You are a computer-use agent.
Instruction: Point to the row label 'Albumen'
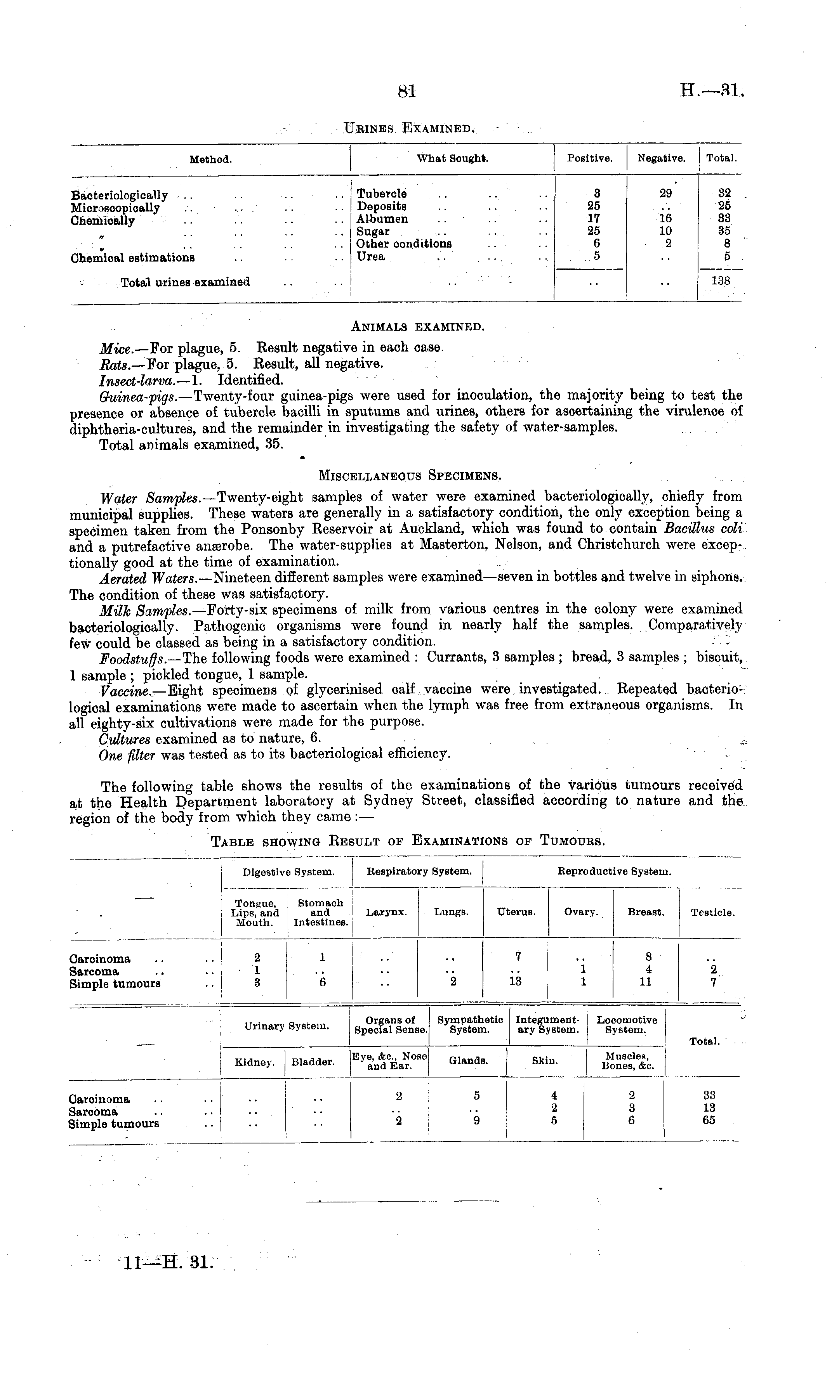383,219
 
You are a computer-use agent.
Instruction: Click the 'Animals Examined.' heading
417,326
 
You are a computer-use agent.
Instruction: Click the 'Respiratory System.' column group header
419,872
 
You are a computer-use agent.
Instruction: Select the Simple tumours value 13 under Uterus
515,981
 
